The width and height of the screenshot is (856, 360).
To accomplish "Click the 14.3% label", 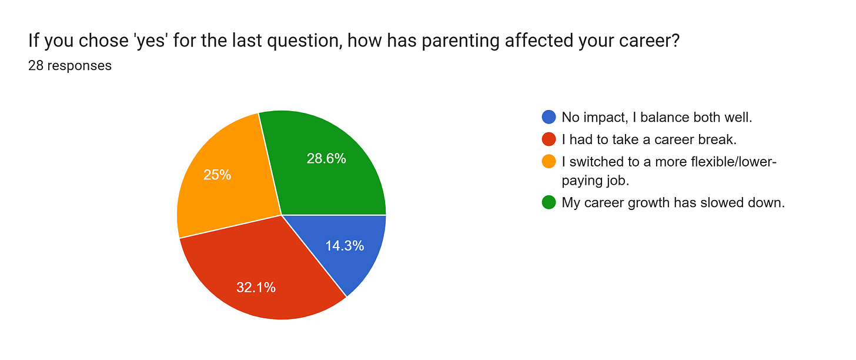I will click(345, 246).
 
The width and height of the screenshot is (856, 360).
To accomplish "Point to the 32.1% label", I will click(256, 288).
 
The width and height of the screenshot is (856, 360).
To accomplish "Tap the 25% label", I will click(217, 175).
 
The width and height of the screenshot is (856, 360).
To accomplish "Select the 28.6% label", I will click(326, 158).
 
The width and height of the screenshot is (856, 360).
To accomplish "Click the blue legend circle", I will click(548, 117).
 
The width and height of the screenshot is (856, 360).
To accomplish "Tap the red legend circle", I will click(548, 139).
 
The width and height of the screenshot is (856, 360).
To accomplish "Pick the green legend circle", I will click(548, 203).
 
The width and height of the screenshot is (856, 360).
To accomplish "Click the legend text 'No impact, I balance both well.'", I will click(657, 117).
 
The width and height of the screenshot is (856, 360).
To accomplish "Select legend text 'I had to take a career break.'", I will click(648, 139).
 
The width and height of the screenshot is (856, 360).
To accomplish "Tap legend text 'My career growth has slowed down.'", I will click(673, 203).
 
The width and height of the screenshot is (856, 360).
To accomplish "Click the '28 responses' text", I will click(69, 66).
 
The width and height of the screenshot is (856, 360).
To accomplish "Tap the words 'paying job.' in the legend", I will click(595, 181).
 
